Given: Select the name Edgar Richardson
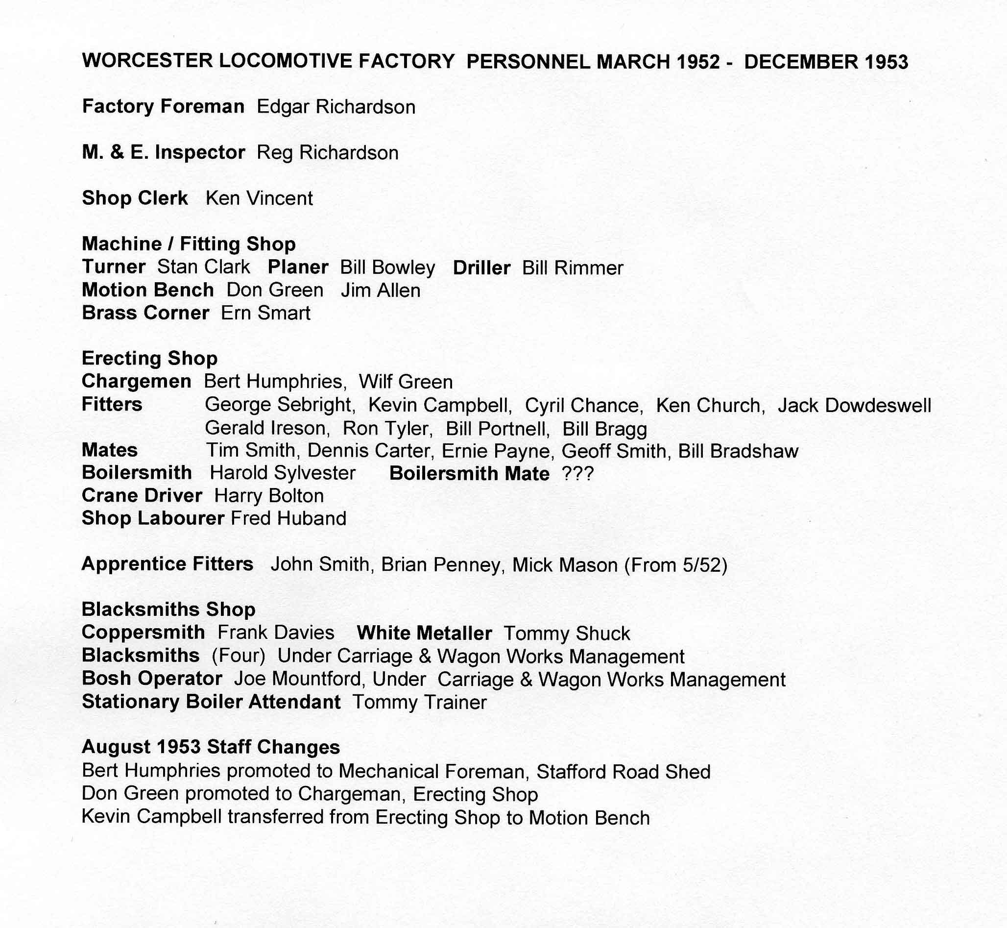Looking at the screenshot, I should (336, 107).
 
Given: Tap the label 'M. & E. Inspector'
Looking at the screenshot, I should (163, 153).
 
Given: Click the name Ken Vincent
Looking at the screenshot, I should (259, 198).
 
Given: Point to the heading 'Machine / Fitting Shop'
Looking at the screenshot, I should (189, 244).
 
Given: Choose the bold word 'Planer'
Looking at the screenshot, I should (298, 267).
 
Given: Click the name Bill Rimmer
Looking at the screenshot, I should (572, 268).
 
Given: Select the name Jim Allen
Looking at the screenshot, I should (380, 291).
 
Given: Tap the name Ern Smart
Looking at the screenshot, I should (265, 314).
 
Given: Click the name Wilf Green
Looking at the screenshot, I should (406, 382).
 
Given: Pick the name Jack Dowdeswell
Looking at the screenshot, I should (854, 405).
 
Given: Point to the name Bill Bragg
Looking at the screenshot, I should (604, 429).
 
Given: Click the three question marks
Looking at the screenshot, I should (578, 473).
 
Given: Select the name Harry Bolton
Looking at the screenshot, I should (268, 496).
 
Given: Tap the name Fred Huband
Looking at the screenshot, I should (288, 519).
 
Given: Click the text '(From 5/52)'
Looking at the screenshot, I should (675, 565).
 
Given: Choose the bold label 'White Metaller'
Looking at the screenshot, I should (424, 633).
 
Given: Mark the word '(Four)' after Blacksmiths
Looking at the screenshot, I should (238, 657).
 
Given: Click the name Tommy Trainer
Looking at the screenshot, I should (419, 702).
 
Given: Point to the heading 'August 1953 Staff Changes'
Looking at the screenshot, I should (211, 747).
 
